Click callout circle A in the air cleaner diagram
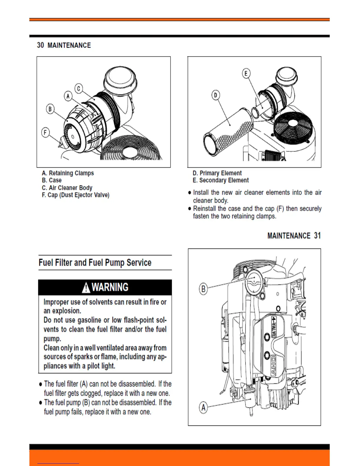(x=68, y=96)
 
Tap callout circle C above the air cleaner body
(x=79, y=88)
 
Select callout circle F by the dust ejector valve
(x=45, y=133)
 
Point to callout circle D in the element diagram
(x=216, y=95)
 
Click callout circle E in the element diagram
(x=246, y=73)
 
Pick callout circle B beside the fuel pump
(x=203, y=289)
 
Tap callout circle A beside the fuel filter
(x=203, y=407)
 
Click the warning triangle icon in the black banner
(x=86, y=287)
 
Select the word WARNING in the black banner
(x=110, y=287)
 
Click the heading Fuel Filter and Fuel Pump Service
(x=95, y=262)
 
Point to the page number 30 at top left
(x=40, y=45)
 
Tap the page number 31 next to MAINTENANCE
(x=317, y=236)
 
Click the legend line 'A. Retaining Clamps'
(x=68, y=173)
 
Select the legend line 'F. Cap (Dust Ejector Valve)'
(x=76, y=195)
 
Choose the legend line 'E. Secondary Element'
(x=221, y=180)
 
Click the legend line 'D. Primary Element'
(x=217, y=173)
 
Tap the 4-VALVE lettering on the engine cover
(x=274, y=327)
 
